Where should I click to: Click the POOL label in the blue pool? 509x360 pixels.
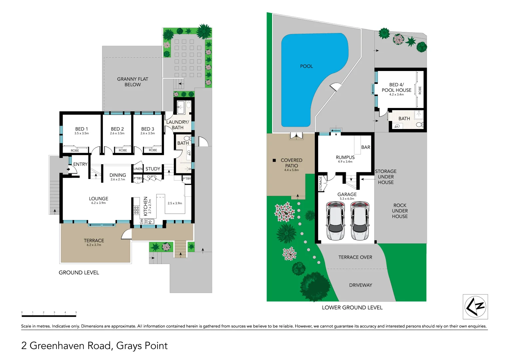tap(306, 66)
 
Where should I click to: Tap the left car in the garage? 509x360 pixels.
tap(335, 221)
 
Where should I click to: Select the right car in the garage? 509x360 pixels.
tap(360, 221)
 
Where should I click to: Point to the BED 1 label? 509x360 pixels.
tap(82, 129)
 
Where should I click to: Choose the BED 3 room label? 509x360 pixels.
tap(148, 129)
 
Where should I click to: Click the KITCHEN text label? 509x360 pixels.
tap(146, 206)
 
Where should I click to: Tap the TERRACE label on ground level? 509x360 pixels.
tap(94, 240)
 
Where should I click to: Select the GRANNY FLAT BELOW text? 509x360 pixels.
tap(133, 82)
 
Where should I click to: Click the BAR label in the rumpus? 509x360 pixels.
tap(366, 147)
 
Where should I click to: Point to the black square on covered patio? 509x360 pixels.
tap(274, 160)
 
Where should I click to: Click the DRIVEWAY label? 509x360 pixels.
tap(360, 285)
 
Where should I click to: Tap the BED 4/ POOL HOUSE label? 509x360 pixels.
tap(396, 87)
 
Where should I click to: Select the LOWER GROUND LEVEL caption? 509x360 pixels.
tap(352, 307)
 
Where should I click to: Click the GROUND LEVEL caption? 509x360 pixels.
tap(79, 272)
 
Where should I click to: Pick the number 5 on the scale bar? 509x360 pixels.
tap(76, 312)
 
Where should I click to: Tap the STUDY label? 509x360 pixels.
tap(153, 169)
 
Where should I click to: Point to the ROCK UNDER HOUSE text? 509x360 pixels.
tap(400, 211)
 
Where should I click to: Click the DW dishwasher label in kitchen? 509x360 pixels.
tap(142, 221)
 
